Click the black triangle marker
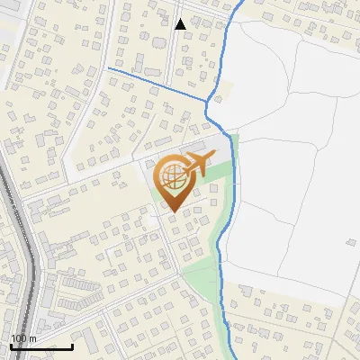coord(180,23)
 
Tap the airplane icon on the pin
coord(197,164)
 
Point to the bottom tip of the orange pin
coord(173,211)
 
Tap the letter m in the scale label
coord(32,338)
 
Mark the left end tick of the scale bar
coord(11,346)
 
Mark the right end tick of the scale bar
coord(73,346)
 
